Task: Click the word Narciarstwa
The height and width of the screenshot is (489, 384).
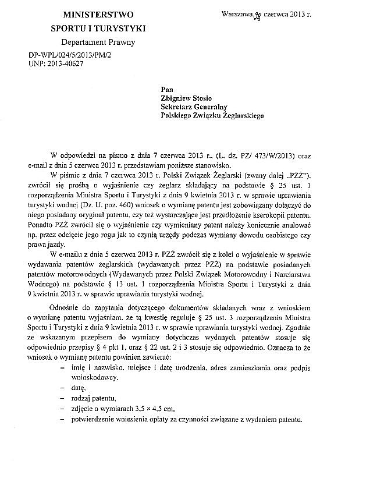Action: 327,277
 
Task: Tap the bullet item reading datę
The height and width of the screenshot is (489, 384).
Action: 79,387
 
